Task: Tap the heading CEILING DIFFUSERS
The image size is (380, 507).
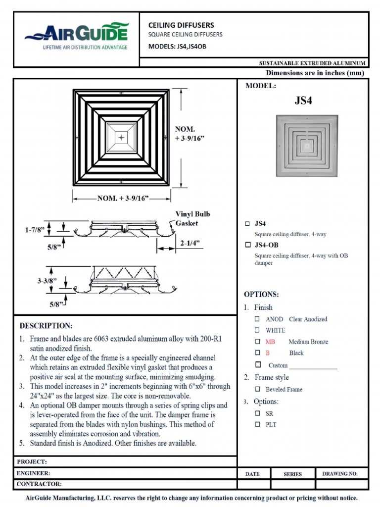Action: click(181, 25)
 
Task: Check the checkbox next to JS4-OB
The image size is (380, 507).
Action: click(247, 245)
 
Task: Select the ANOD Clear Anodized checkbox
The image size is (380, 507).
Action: click(257, 319)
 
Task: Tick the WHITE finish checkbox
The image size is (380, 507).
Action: click(257, 330)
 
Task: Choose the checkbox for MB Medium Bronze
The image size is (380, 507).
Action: click(257, 342)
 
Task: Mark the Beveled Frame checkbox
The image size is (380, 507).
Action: click(257, 389)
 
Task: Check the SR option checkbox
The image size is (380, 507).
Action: click(257, 413)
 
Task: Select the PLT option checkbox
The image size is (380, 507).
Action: click(257, 424)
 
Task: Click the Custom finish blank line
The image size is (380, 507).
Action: click(313, 366)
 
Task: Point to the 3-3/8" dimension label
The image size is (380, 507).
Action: click(47, 281)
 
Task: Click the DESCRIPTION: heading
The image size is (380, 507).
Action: click(46, 326)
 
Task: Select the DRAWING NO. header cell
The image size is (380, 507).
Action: click(340, 474)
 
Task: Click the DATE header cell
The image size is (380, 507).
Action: click(252, 474)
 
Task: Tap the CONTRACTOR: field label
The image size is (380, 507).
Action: click(39, 484)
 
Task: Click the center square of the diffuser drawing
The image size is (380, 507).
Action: click(121, 137)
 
